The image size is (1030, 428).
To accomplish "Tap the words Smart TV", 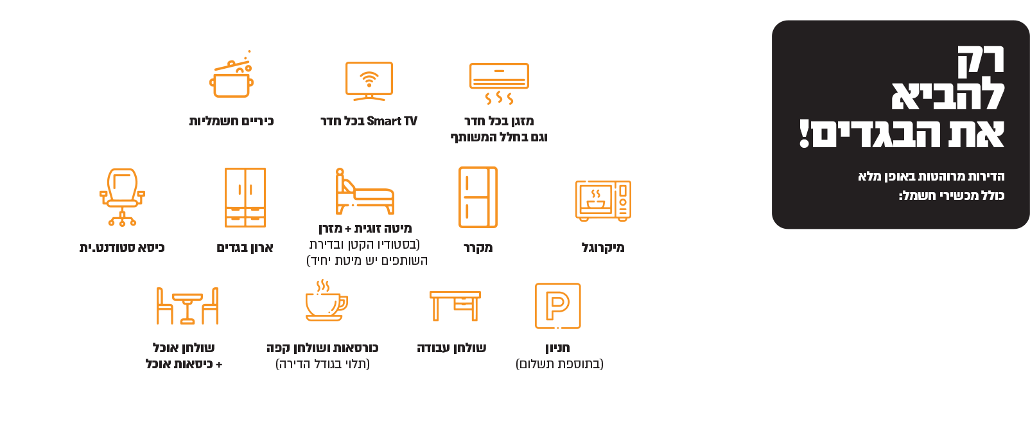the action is (392, 121).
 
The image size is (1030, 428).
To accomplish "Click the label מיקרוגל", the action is (603, 247).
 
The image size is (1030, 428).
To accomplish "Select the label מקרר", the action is (478, 247).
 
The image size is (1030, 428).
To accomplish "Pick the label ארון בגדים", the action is (245, 247).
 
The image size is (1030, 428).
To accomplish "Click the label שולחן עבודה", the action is (451, 348).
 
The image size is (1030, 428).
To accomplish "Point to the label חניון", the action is (557, 348).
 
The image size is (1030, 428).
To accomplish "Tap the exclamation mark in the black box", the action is (804, 134).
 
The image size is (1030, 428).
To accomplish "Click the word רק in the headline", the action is (981, 62).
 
